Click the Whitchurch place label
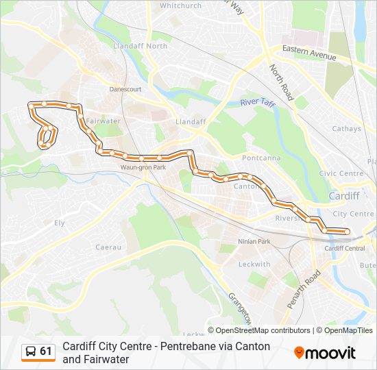180,5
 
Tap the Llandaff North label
141,46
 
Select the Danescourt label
125,89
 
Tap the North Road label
281,83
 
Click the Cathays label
346,128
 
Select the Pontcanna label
261,158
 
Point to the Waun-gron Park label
143,167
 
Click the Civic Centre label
341,173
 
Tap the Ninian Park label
254,242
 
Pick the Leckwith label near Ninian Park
254,264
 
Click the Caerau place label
108,247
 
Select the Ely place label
59,223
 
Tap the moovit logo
325,353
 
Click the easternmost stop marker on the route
346,232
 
